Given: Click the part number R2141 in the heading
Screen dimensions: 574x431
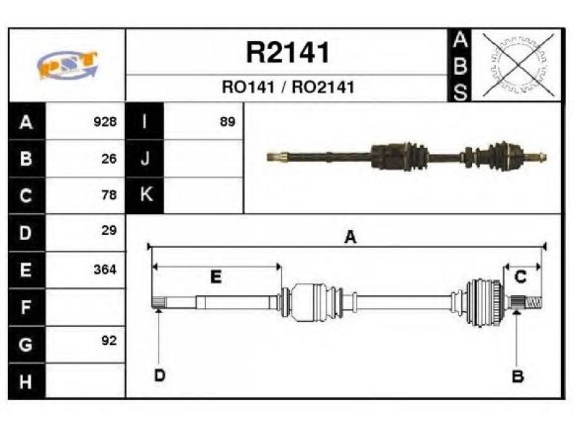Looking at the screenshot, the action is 288,52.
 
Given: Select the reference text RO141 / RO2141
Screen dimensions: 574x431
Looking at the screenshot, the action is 288,87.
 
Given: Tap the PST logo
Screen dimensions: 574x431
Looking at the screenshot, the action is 67,65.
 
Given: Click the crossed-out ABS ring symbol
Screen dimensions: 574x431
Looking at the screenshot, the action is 518,65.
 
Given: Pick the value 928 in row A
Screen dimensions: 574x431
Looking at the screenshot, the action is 105,121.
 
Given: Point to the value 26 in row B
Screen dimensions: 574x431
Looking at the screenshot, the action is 109,158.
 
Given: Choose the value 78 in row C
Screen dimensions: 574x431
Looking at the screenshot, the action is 109,195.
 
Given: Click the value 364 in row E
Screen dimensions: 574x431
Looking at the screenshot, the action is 105,269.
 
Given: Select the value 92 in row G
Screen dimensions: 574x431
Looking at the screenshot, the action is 109,340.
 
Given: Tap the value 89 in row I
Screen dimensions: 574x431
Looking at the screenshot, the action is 227,121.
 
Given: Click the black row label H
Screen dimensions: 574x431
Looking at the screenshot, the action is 27,381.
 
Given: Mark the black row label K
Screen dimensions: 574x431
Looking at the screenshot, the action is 145,195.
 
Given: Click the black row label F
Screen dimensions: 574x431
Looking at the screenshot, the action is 27,307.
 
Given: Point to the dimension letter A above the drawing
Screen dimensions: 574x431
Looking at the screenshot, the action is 350,237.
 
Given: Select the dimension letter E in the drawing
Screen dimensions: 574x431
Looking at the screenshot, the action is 216,277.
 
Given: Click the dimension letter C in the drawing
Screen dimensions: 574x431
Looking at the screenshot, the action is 520,277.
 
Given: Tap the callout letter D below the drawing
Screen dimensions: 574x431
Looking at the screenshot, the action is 160,376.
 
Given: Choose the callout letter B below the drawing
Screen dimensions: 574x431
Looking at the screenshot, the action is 517,376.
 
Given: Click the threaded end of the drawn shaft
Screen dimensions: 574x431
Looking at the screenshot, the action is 534,302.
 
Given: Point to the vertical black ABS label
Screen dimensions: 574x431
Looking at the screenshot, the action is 460,65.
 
